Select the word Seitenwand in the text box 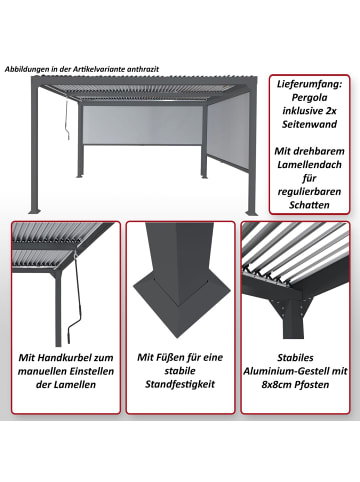coord(311,135)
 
